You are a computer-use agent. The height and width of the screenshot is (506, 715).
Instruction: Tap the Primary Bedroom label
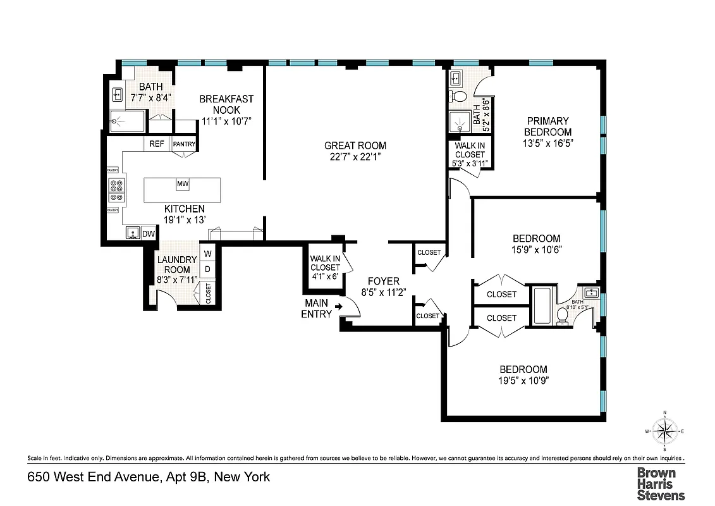548,126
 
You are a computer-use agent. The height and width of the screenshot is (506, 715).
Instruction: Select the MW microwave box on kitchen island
183,184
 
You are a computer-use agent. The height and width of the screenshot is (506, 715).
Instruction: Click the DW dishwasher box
148,233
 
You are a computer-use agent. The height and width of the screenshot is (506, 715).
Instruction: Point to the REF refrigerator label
157,144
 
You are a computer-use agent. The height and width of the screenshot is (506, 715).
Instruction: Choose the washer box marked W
207,254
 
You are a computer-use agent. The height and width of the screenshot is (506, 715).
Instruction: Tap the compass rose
664,432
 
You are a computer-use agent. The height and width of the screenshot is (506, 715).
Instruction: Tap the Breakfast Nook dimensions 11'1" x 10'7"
226,121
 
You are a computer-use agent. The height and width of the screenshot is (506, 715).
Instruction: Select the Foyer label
383,281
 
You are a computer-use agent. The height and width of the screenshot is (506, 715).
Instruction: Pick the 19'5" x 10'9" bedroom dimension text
523,381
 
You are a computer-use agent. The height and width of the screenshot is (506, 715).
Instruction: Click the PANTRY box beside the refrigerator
184,144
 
